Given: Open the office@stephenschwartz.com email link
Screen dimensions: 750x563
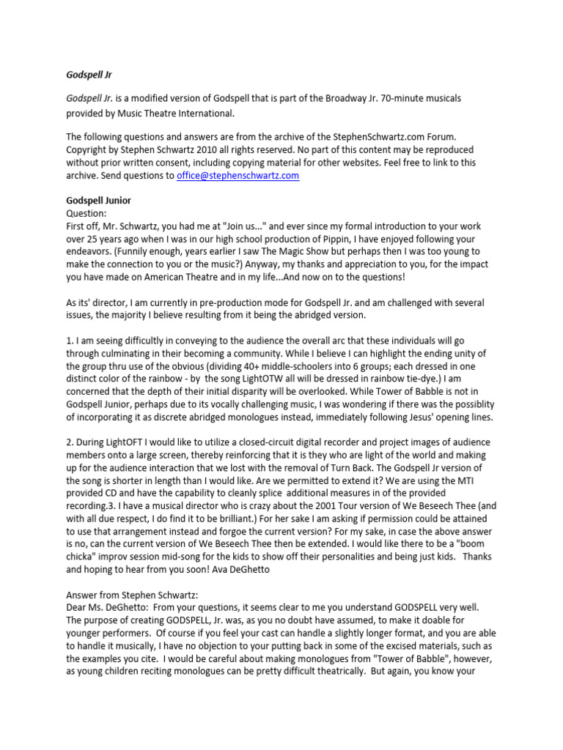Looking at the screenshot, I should tap(238, 176).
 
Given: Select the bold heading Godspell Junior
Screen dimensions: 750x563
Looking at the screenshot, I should tap(99, 200).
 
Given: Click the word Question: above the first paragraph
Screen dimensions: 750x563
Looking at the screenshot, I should tap(87, 213).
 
